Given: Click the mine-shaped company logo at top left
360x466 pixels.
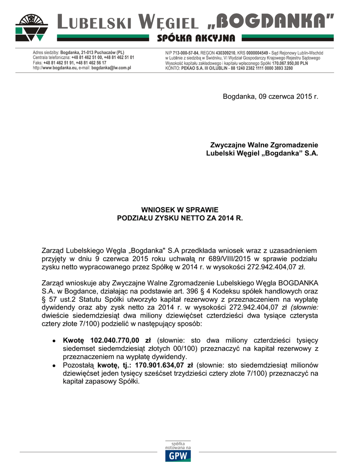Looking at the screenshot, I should click(31, 27).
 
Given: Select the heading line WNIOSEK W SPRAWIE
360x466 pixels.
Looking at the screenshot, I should click(180, 210).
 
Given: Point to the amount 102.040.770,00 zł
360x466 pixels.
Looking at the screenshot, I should click(121, 340).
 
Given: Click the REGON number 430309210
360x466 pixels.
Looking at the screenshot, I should click(226, 53).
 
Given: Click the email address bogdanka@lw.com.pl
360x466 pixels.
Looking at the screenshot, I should click(111, 67).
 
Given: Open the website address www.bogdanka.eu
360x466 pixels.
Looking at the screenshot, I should click(59, 67).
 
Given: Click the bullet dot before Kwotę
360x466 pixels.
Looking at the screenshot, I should click(54, 340).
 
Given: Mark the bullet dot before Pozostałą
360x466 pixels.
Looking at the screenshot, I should click(54, 365).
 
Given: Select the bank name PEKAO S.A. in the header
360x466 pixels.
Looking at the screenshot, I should click(196, 68).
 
